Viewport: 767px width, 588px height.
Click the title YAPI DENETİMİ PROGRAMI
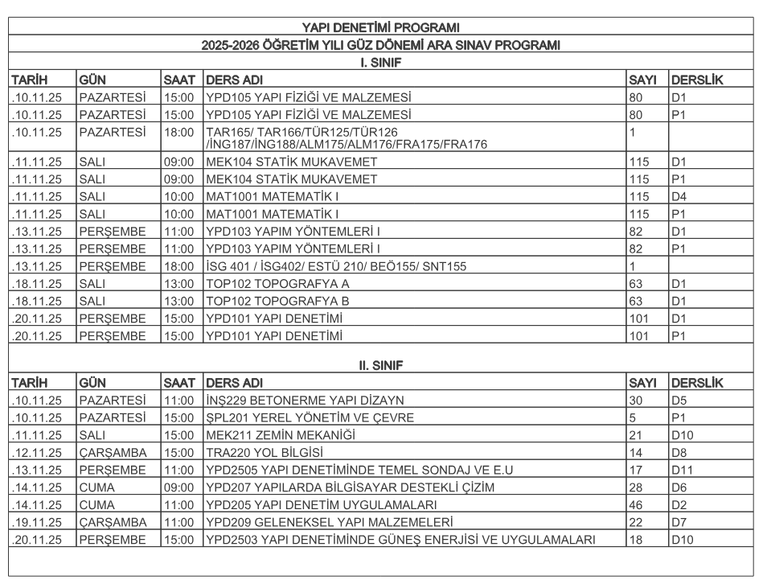[380, 29]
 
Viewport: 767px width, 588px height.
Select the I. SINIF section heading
[380, 61]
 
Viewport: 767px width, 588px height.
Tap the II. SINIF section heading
[380, 365]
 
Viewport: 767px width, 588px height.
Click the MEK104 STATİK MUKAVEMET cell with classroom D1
[291, 162]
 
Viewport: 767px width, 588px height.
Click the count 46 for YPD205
[636, 505]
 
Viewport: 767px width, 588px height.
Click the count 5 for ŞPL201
[633, 417]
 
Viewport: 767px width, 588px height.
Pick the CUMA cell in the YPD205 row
[97, 505]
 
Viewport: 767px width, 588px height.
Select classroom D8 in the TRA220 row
[679, 452]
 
